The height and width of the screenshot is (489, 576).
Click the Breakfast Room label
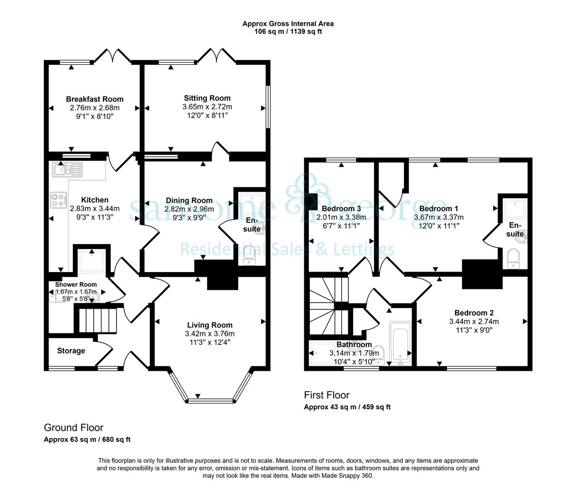95,99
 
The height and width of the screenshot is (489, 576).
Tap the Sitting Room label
207,98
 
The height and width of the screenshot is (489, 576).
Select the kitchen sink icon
67,169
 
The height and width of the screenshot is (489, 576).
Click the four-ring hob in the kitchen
59,200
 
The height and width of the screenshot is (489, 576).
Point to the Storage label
71,350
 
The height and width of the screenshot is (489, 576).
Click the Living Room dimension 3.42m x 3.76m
210,334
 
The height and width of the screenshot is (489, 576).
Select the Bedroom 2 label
474,312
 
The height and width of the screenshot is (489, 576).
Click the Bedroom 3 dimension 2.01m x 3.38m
341,217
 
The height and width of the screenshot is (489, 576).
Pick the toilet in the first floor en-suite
514,259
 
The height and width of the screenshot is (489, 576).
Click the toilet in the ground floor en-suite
250,255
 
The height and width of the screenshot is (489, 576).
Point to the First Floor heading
326,395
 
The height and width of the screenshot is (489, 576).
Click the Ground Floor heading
73,427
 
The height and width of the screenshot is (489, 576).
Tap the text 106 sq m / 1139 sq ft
288,32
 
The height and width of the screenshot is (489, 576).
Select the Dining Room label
189,200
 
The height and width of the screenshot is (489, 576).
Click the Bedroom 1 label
439,208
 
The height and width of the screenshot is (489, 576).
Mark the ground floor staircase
97,320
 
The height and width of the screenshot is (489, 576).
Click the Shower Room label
76,284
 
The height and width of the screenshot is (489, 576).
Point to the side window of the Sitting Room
268,107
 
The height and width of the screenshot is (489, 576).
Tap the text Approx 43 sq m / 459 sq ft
347,407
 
